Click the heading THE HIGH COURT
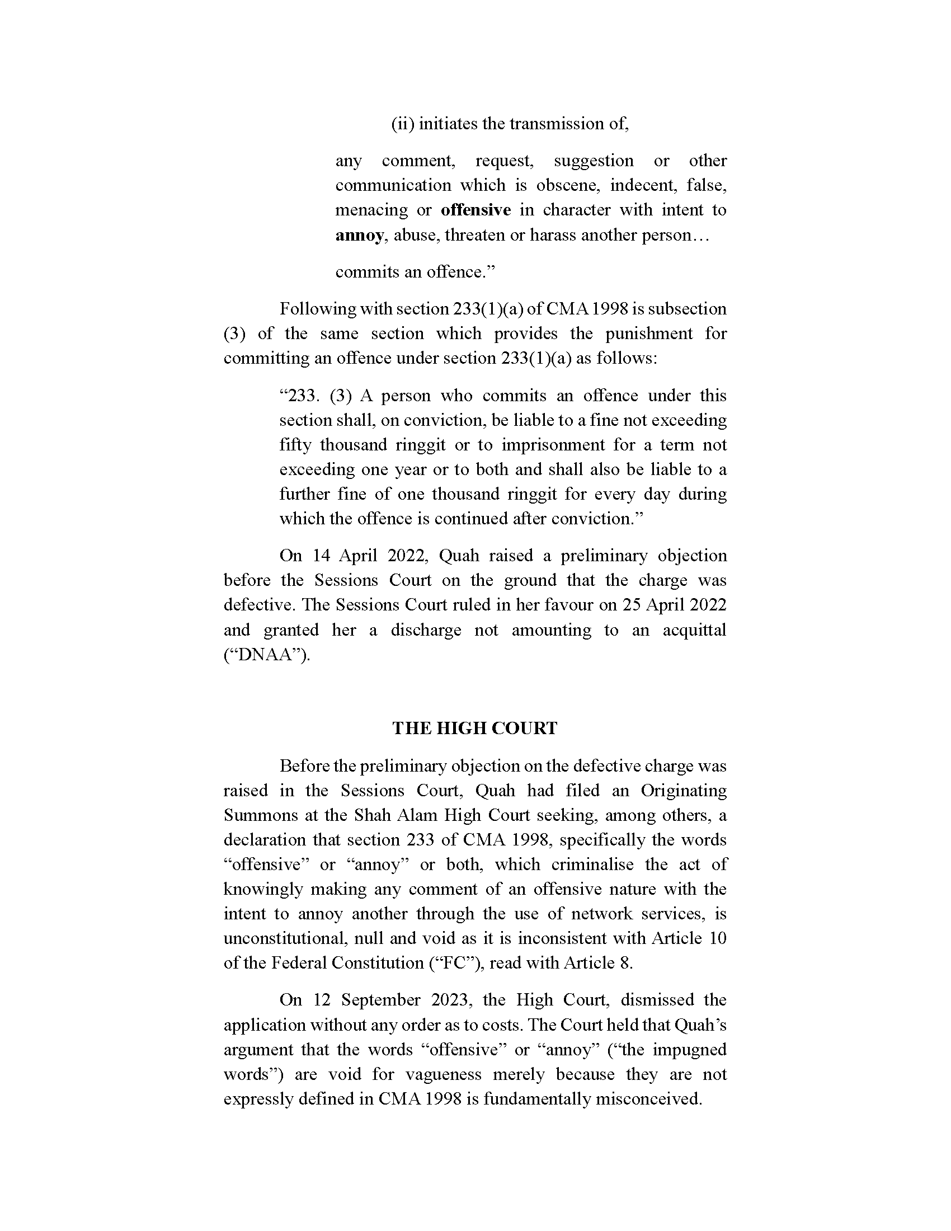click(x=474, y=728)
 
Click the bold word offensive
click(x=475, y=210)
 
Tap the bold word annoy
click(x=360, y=235)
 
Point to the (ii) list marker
click(x=403, y=124)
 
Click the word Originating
click(x=684, y=791)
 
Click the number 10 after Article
click(x=718, y=938)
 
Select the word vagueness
click(x=444, y=1074)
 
